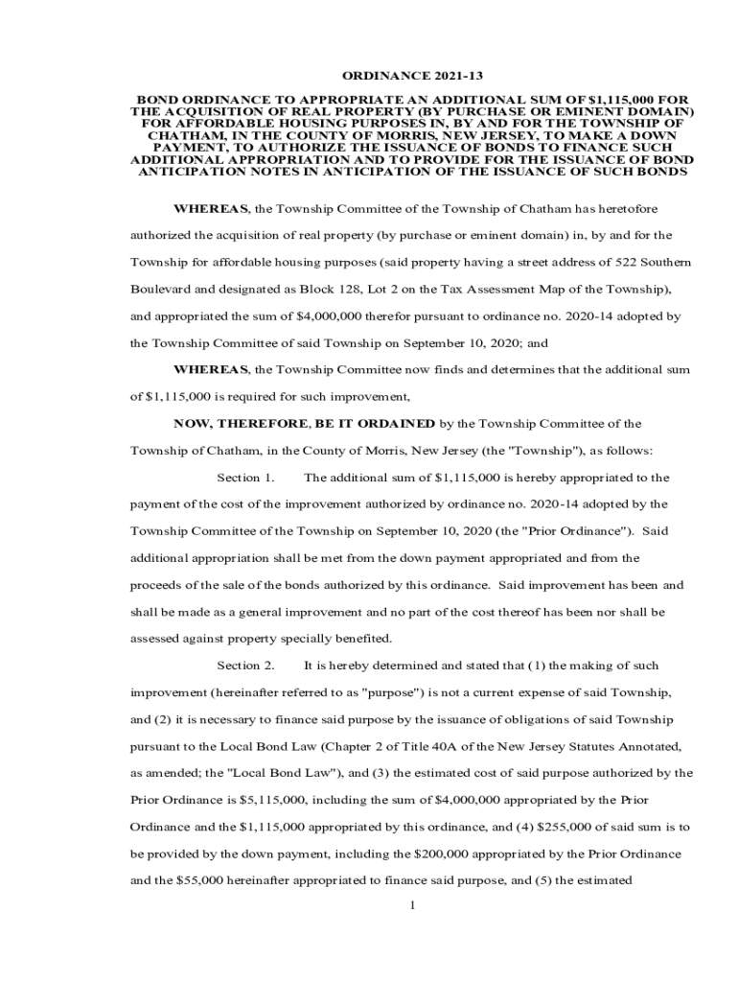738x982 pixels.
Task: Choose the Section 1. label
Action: [246, 478]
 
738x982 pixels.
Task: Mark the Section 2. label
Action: [246, 666]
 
